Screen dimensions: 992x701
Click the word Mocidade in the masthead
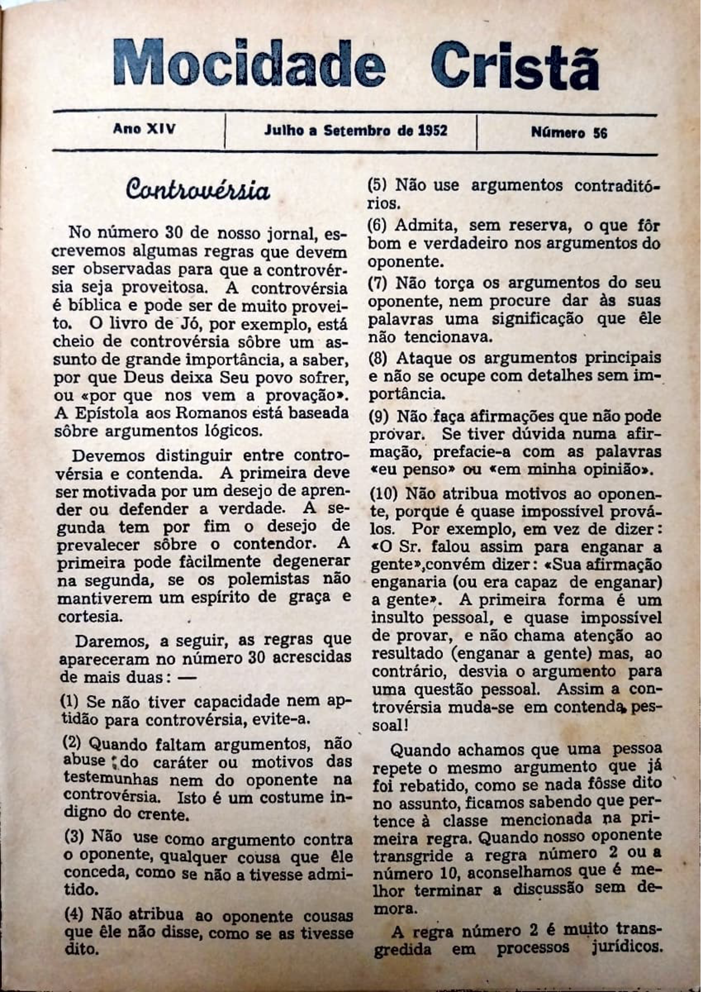coord(249,64)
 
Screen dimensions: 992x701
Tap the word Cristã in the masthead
coord(515,66)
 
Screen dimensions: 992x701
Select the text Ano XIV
coord(144,129)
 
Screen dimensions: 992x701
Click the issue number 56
coord(600,133)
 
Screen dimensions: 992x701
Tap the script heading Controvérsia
coord(198,190)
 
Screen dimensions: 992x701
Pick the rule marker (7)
coord(378,283)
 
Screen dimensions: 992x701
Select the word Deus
coord(143,378)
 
